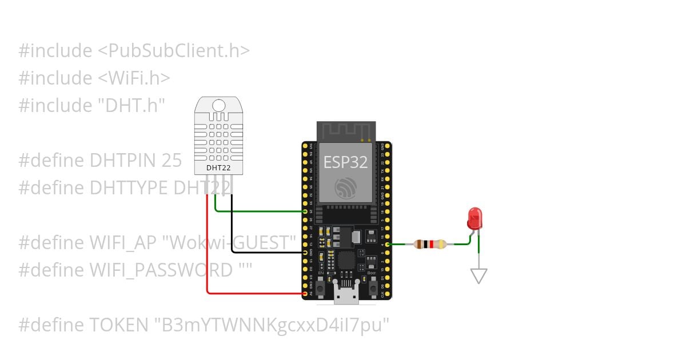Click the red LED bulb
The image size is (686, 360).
point(474,218)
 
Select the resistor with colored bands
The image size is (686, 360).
point(430,245)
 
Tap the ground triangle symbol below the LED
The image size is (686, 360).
point(478,276)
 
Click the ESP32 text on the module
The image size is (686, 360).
point(345,162)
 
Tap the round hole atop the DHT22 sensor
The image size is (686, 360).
point(219,105)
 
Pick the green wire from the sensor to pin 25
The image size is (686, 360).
point(257,211)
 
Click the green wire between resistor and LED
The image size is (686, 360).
point(462,243)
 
